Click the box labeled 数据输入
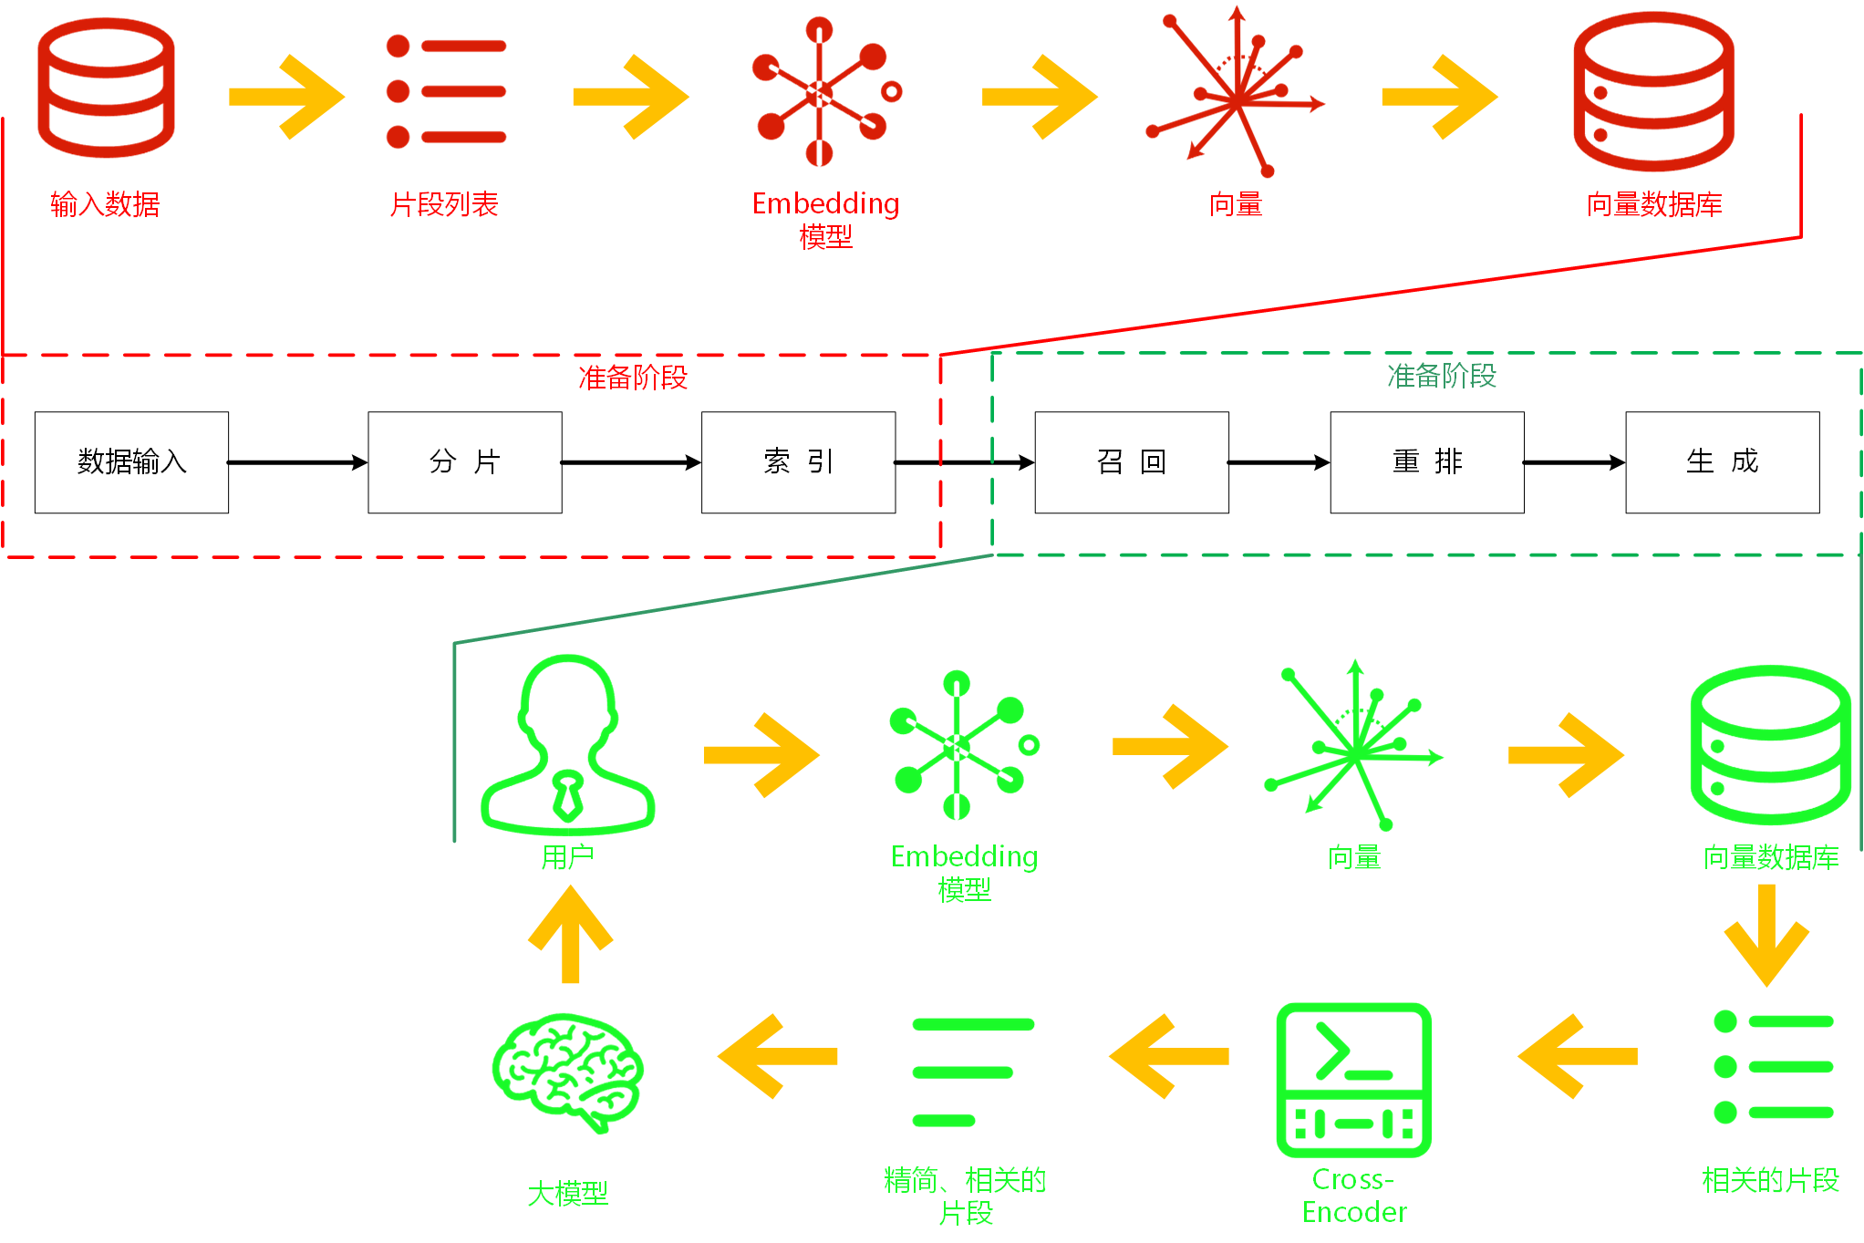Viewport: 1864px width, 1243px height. pyautogui.click(x=131, y=462)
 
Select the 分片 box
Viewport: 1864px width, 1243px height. pyautogui.click(x=465, y=462)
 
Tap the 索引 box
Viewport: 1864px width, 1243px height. pyautogui.click(x=798, y=462)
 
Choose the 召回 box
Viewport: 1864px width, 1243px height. pyautogui.click(x=1131, y=462)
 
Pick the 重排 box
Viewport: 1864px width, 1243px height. pyautogui.click(x=1427, y=462)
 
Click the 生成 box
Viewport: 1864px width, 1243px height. pyautogui.click(x=1722, y=462)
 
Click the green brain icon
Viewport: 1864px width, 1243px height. pyautogui.click(x=567, y=1072)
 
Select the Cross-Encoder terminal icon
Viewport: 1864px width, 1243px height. pyautogui.click(x=1353, y=1080)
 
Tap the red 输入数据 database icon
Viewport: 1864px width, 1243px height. pyautogui.click(x=106, y=88)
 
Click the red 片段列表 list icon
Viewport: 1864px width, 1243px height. pyautogui.click(x=446, y=91)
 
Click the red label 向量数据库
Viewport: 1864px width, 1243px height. pyautogui.click(x=1654, y=204)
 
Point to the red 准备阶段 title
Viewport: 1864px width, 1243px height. pyautogui.click(x=633, y=378)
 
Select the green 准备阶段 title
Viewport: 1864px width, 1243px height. pyautogui.click(x=1441, y=376)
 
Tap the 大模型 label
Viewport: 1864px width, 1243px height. pyautogui.click(x=567, y=1194)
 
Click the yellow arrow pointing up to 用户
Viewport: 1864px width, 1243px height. pyautogui.click(x=571, y=934)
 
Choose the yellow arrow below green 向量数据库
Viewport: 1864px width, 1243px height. pyautogui.click(x=1766, y=934)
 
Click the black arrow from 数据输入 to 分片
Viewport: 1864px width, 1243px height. pyautogui.click(x=297, y=463)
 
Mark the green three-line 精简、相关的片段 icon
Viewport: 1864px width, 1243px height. pyautogui.click(x=972, y=1072)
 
